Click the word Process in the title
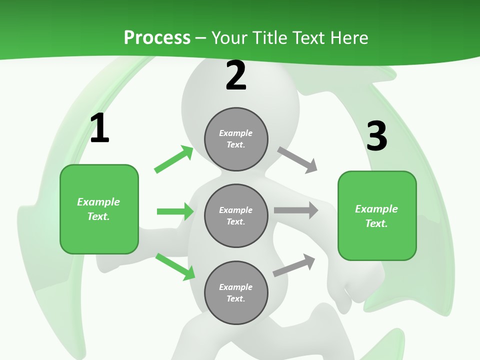(157, 38)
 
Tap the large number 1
(99, 128)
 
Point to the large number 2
(236, 76)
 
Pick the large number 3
(377, 136)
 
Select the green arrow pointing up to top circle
(174, 159)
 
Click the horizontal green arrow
(175, 211)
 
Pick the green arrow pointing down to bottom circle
(175, 266)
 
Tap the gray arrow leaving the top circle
(297, 160)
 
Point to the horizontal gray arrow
(296, 210)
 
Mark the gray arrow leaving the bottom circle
(294, 265)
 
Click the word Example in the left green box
(98, 202)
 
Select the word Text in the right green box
(376, 223)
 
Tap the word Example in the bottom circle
(236, 287)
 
